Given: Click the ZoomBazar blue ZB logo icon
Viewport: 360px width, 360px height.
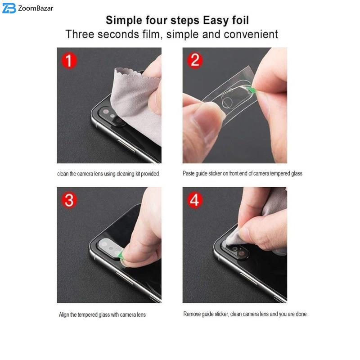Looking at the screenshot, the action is [9, 8].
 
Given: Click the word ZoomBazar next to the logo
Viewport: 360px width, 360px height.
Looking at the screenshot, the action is [36, 9].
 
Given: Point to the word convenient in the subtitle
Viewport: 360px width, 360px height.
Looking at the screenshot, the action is [251, 34].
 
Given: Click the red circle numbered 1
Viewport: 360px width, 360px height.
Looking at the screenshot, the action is [69, 60].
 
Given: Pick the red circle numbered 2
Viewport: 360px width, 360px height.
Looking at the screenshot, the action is [195, 60].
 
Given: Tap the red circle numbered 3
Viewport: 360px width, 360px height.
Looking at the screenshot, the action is [69, 200].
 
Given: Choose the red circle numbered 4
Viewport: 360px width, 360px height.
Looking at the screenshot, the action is [195, 200].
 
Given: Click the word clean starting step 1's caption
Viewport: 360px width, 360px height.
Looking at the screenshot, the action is [63, 174].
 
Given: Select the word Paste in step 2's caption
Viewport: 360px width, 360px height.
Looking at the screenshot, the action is [188, 173].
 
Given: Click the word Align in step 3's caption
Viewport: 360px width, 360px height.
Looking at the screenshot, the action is [64, 315].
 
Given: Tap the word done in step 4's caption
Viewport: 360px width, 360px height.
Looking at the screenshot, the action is [301, 314].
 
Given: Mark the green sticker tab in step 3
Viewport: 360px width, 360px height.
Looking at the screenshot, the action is [120, 254].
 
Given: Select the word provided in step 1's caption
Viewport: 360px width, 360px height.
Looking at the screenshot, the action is [150, 174].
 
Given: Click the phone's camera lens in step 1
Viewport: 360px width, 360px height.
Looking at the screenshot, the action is [106, 112].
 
